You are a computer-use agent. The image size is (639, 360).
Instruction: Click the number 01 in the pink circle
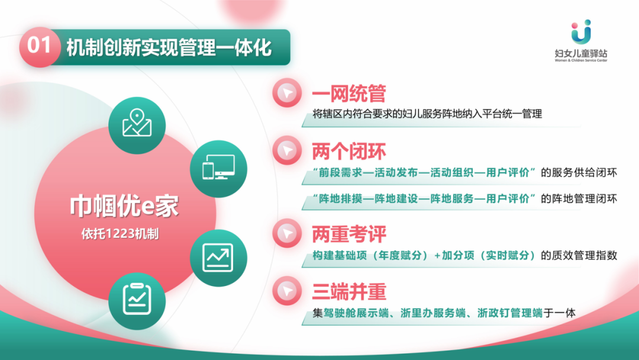click(x=39, y=45)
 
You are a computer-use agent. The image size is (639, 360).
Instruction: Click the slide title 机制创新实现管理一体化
click(x=169, y=47)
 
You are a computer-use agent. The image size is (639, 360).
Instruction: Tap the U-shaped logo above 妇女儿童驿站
click(x=581, y=31)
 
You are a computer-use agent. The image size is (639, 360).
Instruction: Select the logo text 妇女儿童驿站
click(x=581, y=53)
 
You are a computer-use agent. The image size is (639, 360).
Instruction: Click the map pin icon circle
click(x=137, y=125)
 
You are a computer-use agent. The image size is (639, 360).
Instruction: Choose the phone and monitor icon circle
click(x=218, y=169)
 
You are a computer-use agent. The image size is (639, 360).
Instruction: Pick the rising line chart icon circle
click(x=218, y=258)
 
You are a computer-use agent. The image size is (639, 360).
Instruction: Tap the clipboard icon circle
click(x=137, y=301)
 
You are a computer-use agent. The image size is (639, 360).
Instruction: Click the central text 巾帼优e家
click(x=124, y=206)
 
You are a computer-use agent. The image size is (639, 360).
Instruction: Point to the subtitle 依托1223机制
click(x=120, y=234)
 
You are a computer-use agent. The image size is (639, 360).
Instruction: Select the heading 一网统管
click(x=349, y=94)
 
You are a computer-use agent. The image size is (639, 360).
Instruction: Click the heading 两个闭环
click(x=349, y=151)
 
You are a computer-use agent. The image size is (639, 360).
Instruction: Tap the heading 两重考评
click(x=349, y=234)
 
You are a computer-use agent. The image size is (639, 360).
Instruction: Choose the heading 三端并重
click(x=349, y=291)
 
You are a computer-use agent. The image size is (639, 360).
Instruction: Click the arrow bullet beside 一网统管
click(x=288, y=93)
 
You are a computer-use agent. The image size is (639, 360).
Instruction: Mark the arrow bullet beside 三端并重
click(x=288, y=291)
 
